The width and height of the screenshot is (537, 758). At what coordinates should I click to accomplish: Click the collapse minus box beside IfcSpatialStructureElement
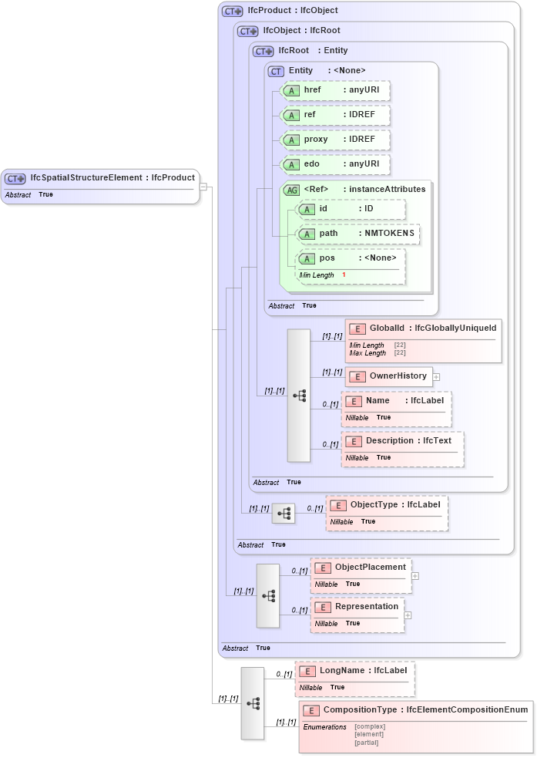203,186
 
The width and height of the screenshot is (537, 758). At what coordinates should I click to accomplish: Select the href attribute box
335,90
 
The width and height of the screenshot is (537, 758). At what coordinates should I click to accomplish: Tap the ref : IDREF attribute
335,115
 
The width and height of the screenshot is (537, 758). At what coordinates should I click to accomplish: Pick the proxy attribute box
335,140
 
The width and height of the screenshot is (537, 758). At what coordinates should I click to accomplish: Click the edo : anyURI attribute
335,164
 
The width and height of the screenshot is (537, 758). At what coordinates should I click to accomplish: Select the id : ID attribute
351,209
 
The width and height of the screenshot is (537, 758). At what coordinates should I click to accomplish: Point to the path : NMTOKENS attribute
358,234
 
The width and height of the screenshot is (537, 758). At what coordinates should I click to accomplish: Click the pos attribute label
327,258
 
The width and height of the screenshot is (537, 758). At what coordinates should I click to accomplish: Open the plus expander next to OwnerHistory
436,377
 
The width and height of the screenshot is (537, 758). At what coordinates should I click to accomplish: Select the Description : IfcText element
401,441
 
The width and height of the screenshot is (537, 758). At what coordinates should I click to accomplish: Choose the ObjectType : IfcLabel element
386,505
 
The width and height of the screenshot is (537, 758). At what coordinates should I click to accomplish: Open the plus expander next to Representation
408,615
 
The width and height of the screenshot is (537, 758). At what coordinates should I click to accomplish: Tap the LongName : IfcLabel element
354,671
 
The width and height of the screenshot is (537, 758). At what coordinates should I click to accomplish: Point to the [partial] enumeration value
367,743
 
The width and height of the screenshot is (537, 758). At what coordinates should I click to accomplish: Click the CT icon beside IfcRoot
263,51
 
